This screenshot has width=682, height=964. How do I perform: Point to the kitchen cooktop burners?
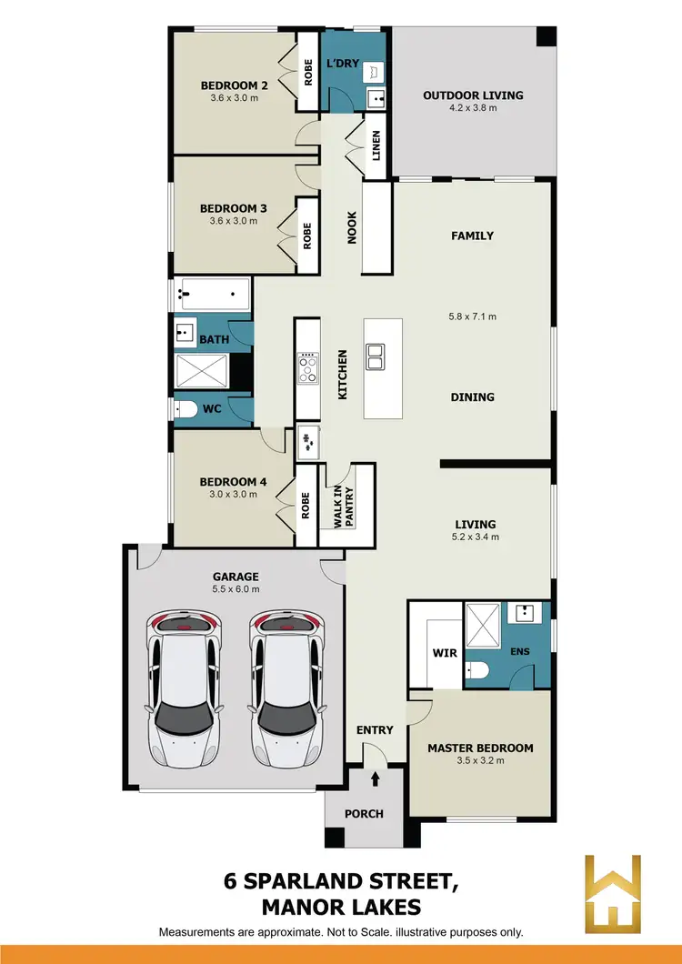click(308, 368)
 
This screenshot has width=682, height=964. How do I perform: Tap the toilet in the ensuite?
click(476, 671)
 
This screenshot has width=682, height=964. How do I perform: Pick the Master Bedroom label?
click(480, 748)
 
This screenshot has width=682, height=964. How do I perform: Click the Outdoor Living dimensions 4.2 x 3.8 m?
click(473, 107)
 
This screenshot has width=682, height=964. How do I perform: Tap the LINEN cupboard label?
click(376, 145)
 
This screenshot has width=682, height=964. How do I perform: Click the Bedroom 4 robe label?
click(306, 505)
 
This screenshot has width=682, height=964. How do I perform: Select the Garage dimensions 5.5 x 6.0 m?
click(236, 589)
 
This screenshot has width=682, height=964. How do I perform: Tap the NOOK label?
click(352, 227)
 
